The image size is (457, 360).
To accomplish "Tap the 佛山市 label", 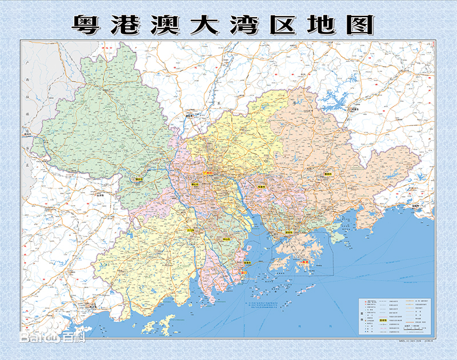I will pyautogui.click(x=195, y=185).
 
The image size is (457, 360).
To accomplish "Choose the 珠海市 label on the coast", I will pyautogui.click(x=246, y=263).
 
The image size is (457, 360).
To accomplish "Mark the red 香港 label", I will pyautogui.click(x=306, y=262).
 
